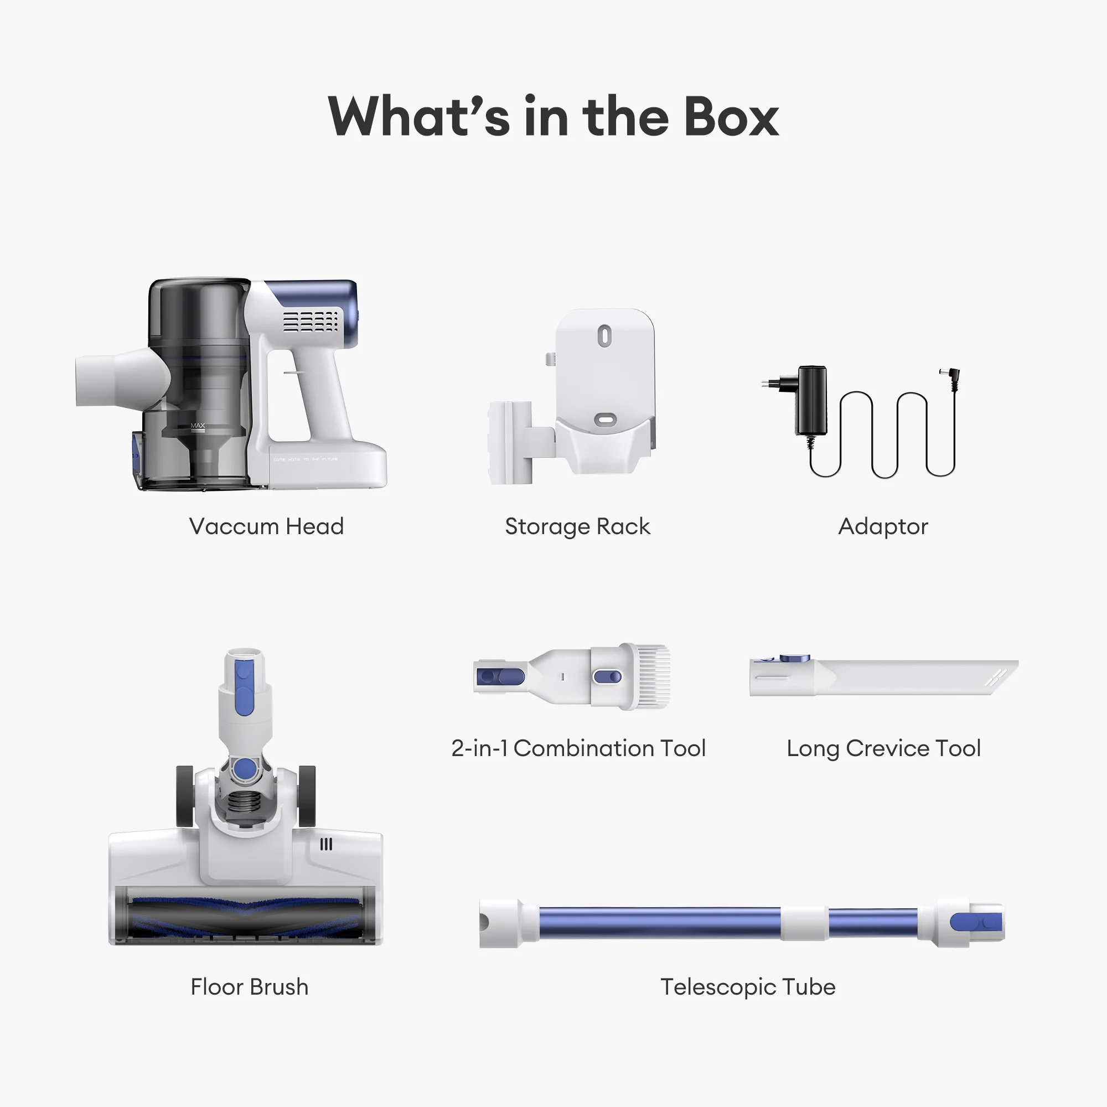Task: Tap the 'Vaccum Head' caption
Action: coord(266,526)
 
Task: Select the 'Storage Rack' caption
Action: coord(577,526)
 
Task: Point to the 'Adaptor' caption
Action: coord(883,526)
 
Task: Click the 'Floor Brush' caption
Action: coord(249,987)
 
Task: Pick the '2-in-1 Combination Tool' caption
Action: coord(578,748)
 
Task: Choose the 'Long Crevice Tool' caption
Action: coord(883,748)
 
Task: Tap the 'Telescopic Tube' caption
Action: coord(748,987)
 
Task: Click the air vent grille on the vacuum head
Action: coord(311,321)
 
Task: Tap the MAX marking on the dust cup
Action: coord(198,426)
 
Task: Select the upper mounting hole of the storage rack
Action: coord(604,336)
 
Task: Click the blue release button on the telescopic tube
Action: coord(976,923)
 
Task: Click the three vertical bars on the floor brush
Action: coord(326,844)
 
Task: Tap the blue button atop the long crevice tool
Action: coord(795,658)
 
